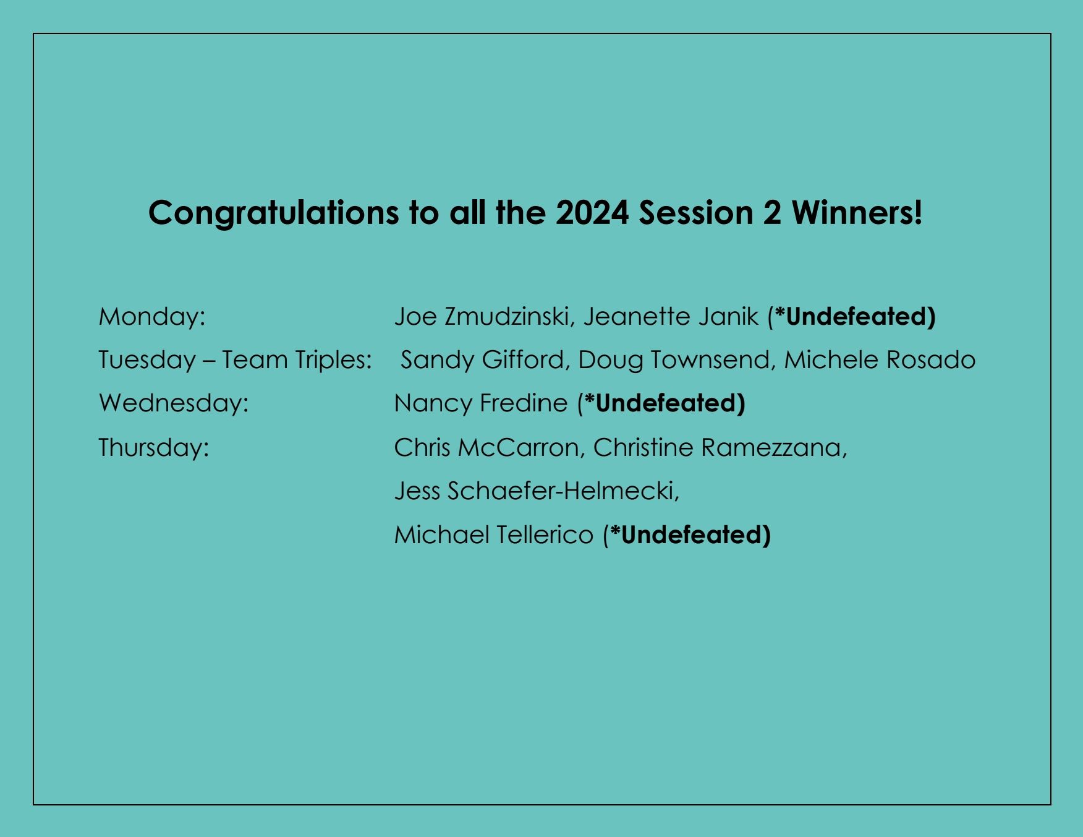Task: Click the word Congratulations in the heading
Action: tap(273, 213)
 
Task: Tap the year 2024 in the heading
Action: tap(592, 213)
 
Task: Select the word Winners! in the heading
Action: tap(857, 213)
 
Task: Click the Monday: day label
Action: tap(152, 317)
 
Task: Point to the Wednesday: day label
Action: tap(174, 403)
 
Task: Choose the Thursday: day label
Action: tap(154, 447)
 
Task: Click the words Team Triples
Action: tap(297, 360)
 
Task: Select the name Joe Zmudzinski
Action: tap(482, 317)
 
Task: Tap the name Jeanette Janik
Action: tap(671, 317)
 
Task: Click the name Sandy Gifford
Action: tap(483, 360)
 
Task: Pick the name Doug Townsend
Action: tap(674, 360)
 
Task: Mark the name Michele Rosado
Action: tap(880, 360)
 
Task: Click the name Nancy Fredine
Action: tap(480, 403)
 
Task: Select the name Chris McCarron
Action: tap(486, 447)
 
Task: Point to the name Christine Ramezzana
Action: tap(718, 447)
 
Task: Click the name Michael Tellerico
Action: tap(493, 535)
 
